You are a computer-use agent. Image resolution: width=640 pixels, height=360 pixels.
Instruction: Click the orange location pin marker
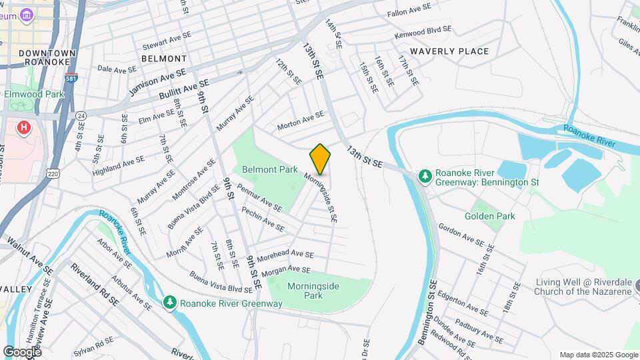(320, 159)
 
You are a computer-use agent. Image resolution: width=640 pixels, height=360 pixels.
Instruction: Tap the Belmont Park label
(269, 170)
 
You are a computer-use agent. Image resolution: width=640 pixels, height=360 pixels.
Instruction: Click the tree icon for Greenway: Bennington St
(425, 176)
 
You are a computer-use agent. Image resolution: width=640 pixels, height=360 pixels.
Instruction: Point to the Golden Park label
(490, 216)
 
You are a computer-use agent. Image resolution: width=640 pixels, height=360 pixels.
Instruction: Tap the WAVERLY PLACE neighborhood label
(449, 51)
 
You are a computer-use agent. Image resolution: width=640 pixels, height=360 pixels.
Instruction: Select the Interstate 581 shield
(71, 79)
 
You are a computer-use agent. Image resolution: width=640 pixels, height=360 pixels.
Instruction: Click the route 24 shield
(81, 115)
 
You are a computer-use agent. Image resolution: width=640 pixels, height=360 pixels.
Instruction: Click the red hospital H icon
(25, 127)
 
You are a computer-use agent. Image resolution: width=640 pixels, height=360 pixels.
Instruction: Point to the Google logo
(22, 351)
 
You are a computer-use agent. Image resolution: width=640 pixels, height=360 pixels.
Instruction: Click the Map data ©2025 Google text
(598, 355)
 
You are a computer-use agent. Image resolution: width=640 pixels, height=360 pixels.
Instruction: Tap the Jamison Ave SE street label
(157, 81)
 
